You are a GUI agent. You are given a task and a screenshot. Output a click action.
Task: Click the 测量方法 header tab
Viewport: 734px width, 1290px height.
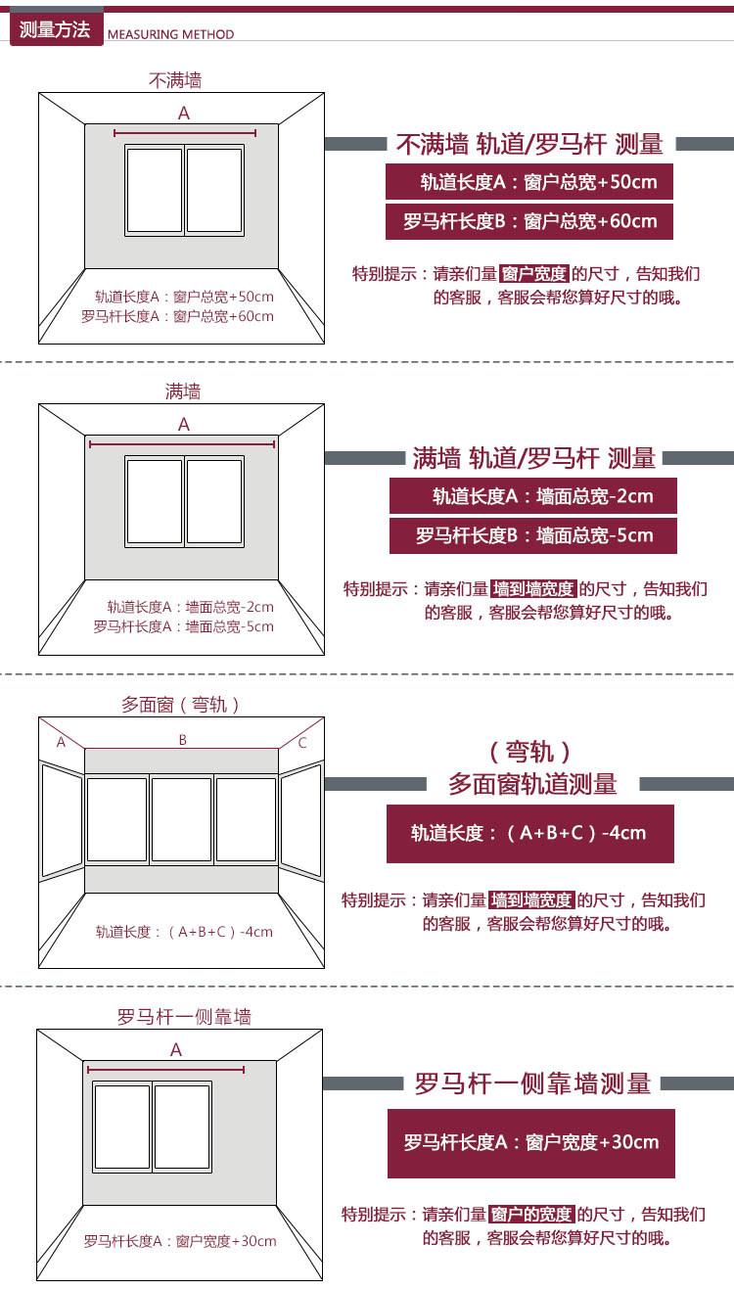point(55,29)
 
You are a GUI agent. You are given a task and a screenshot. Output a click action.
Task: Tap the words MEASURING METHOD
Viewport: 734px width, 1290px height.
point(170,34)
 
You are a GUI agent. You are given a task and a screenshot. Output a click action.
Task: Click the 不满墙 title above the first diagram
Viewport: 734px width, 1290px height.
point(176,80)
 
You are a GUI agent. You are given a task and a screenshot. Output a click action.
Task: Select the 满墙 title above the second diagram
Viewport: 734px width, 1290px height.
point(183,392)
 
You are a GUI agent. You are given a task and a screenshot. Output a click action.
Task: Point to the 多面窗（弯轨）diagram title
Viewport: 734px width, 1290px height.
point(181,705)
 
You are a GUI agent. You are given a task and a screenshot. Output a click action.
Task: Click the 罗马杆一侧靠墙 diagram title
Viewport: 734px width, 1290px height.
point(184,1017)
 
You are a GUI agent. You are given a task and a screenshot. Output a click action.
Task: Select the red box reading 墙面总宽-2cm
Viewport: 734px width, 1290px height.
point(533,496)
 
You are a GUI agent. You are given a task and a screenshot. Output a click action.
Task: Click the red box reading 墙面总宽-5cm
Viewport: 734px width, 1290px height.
point(533,535)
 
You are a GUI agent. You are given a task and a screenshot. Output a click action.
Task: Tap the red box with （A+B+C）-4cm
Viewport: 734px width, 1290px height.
point(529,833)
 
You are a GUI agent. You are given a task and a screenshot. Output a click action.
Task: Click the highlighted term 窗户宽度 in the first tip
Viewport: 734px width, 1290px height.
point(533,274)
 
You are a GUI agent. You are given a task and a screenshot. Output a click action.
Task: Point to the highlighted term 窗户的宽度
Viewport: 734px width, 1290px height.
point(530,1215)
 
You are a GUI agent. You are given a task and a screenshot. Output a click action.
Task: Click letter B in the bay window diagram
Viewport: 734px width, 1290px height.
point(182,741)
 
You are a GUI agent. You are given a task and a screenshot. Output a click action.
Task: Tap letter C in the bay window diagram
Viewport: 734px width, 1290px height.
point(302,743)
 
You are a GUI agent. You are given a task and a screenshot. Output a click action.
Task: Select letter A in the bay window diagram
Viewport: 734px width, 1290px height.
point(61,742)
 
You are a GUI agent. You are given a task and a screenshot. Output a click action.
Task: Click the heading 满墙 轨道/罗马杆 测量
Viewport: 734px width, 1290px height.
point(533,458)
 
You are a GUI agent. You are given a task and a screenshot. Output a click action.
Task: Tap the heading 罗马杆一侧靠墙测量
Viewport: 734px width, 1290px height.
point(532,1084)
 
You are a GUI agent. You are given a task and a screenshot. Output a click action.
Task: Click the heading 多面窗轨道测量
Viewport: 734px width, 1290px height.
point(532,784)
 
